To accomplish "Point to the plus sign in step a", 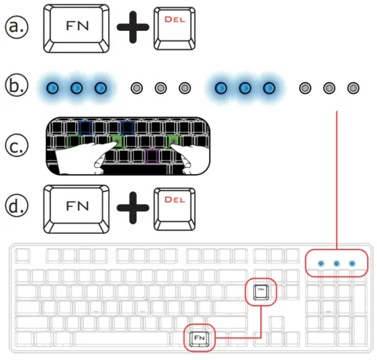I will [131, 29].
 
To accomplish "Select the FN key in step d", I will [76, 205].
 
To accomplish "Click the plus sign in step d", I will [131, 206].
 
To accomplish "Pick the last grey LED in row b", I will [353, 88].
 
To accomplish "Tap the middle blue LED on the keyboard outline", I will [337, 263].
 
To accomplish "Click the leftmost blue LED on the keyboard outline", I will [321, 263].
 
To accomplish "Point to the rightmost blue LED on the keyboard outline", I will [352, 263].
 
